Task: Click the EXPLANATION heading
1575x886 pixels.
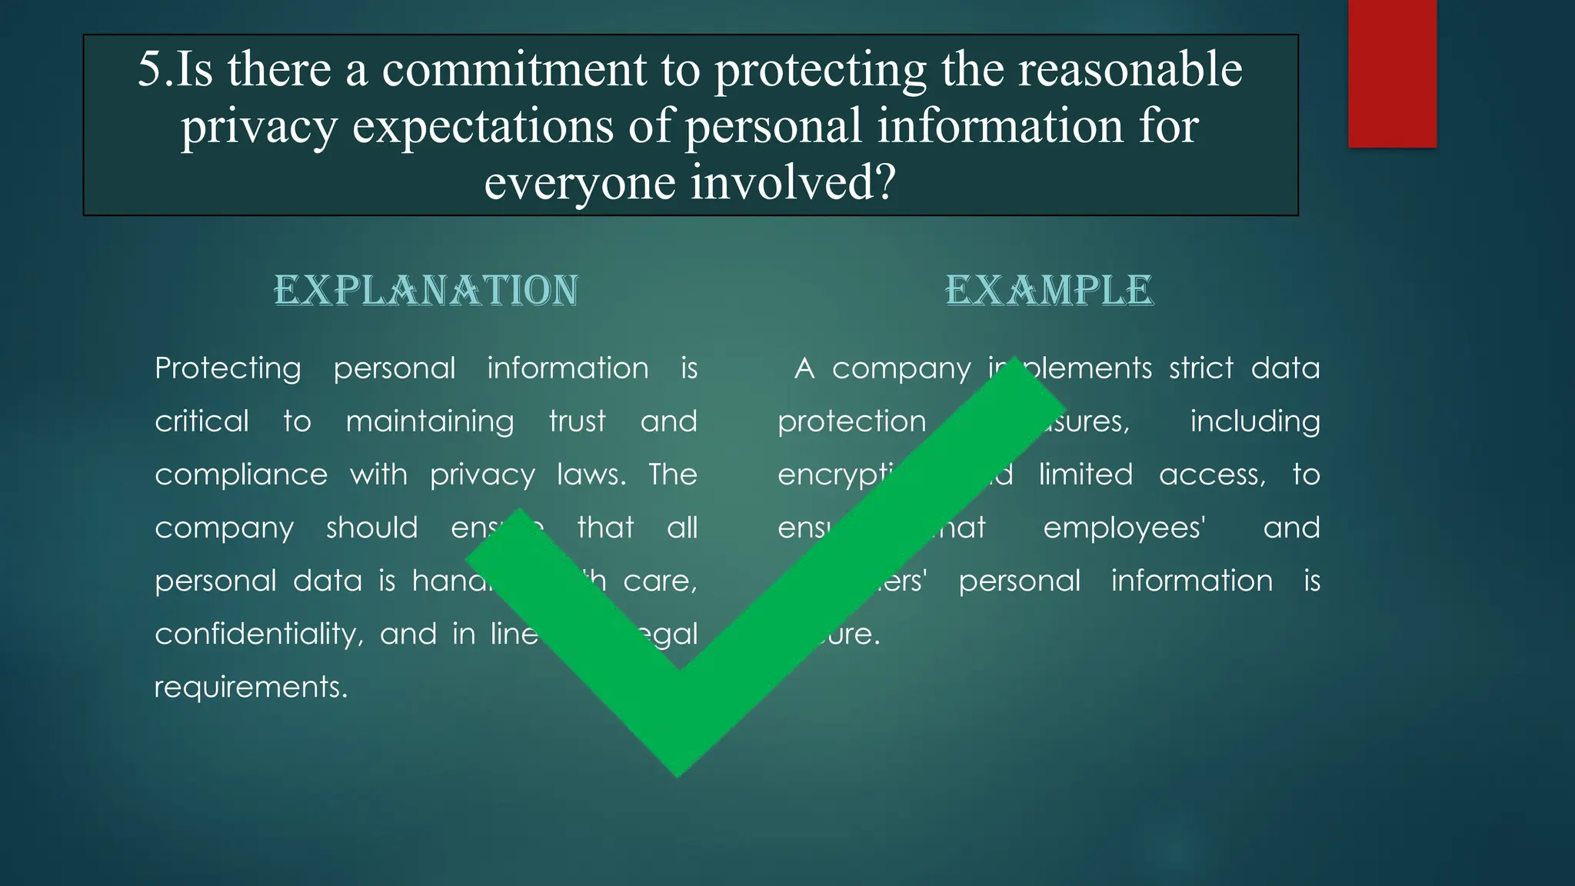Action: point(426,291)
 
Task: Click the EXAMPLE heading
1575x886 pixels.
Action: point(1049,291)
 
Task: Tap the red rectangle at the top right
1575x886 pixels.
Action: point(1392,73)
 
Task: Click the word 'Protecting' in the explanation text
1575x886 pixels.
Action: point(228,369)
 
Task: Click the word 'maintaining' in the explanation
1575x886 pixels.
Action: point(429,422)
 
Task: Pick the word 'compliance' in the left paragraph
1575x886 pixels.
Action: point(241,475)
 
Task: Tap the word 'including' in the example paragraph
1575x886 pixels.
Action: point(1254,422)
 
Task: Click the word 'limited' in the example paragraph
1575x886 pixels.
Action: point(1085,475)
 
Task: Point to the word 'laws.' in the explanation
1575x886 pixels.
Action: point(591,475)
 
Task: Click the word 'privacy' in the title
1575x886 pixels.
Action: point(258,128)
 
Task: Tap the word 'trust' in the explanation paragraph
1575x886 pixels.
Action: point(577,422)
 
